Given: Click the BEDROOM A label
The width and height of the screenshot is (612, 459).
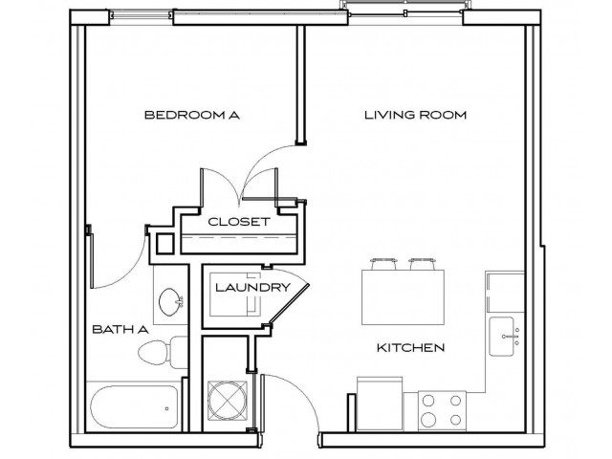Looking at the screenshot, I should pyautogui.click(x=191, y=116).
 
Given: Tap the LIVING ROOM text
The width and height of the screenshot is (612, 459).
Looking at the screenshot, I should pyautogui.click(x=415, y=116).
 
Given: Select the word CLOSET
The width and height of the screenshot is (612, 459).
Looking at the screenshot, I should pyautogui.click(x=239, y=221).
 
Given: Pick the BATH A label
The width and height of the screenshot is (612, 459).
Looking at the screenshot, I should pyautogui.click(x=120, y=329).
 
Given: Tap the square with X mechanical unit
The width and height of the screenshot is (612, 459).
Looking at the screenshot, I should pyautogui.click(x=228, y=399).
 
